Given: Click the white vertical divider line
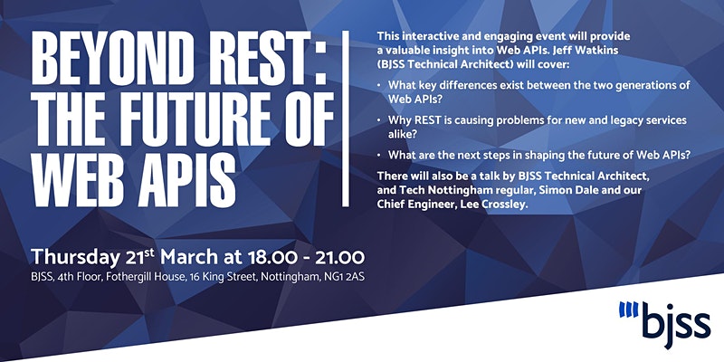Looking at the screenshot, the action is click(346, 119).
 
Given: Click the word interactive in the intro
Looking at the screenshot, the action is click(420, 35).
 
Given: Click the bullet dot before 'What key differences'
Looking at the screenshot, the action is click(379, 85).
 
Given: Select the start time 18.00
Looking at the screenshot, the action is click(272, 257).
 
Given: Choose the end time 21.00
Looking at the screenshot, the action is click(340, 257).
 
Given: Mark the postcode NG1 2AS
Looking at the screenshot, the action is click(342, 279).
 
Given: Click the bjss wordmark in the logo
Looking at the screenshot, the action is click(676, 324).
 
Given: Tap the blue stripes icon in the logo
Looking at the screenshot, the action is click(628, 309).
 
